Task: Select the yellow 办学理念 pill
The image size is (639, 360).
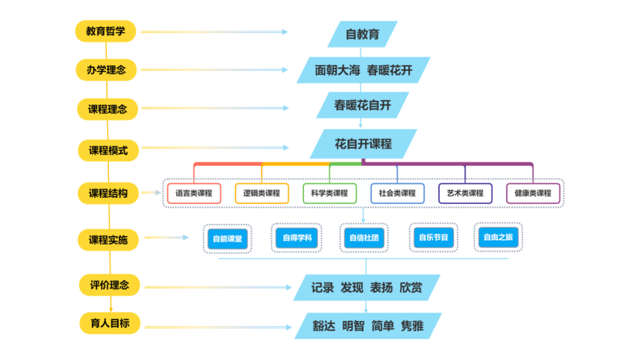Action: tap(106, 70)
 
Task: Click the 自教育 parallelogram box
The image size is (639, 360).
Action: tap(363, 34)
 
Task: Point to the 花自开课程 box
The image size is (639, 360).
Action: tap(363, 143)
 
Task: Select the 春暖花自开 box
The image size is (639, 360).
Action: tap(363, 105)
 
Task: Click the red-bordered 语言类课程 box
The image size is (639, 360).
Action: tap(194, 193)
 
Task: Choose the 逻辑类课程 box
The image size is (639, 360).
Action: tap(262, 193)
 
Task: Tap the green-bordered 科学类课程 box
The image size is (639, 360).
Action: tap(330, 193)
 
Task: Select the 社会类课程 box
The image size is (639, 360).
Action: tap(397, 193)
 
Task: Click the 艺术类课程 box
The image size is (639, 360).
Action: tap(465, 193)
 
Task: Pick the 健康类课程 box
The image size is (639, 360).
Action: tap(533, 193)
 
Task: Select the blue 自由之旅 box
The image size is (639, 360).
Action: tap(499, 238)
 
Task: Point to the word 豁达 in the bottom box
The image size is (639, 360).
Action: tap(324, 326)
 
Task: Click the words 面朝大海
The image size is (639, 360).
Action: tap(337, 70)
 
